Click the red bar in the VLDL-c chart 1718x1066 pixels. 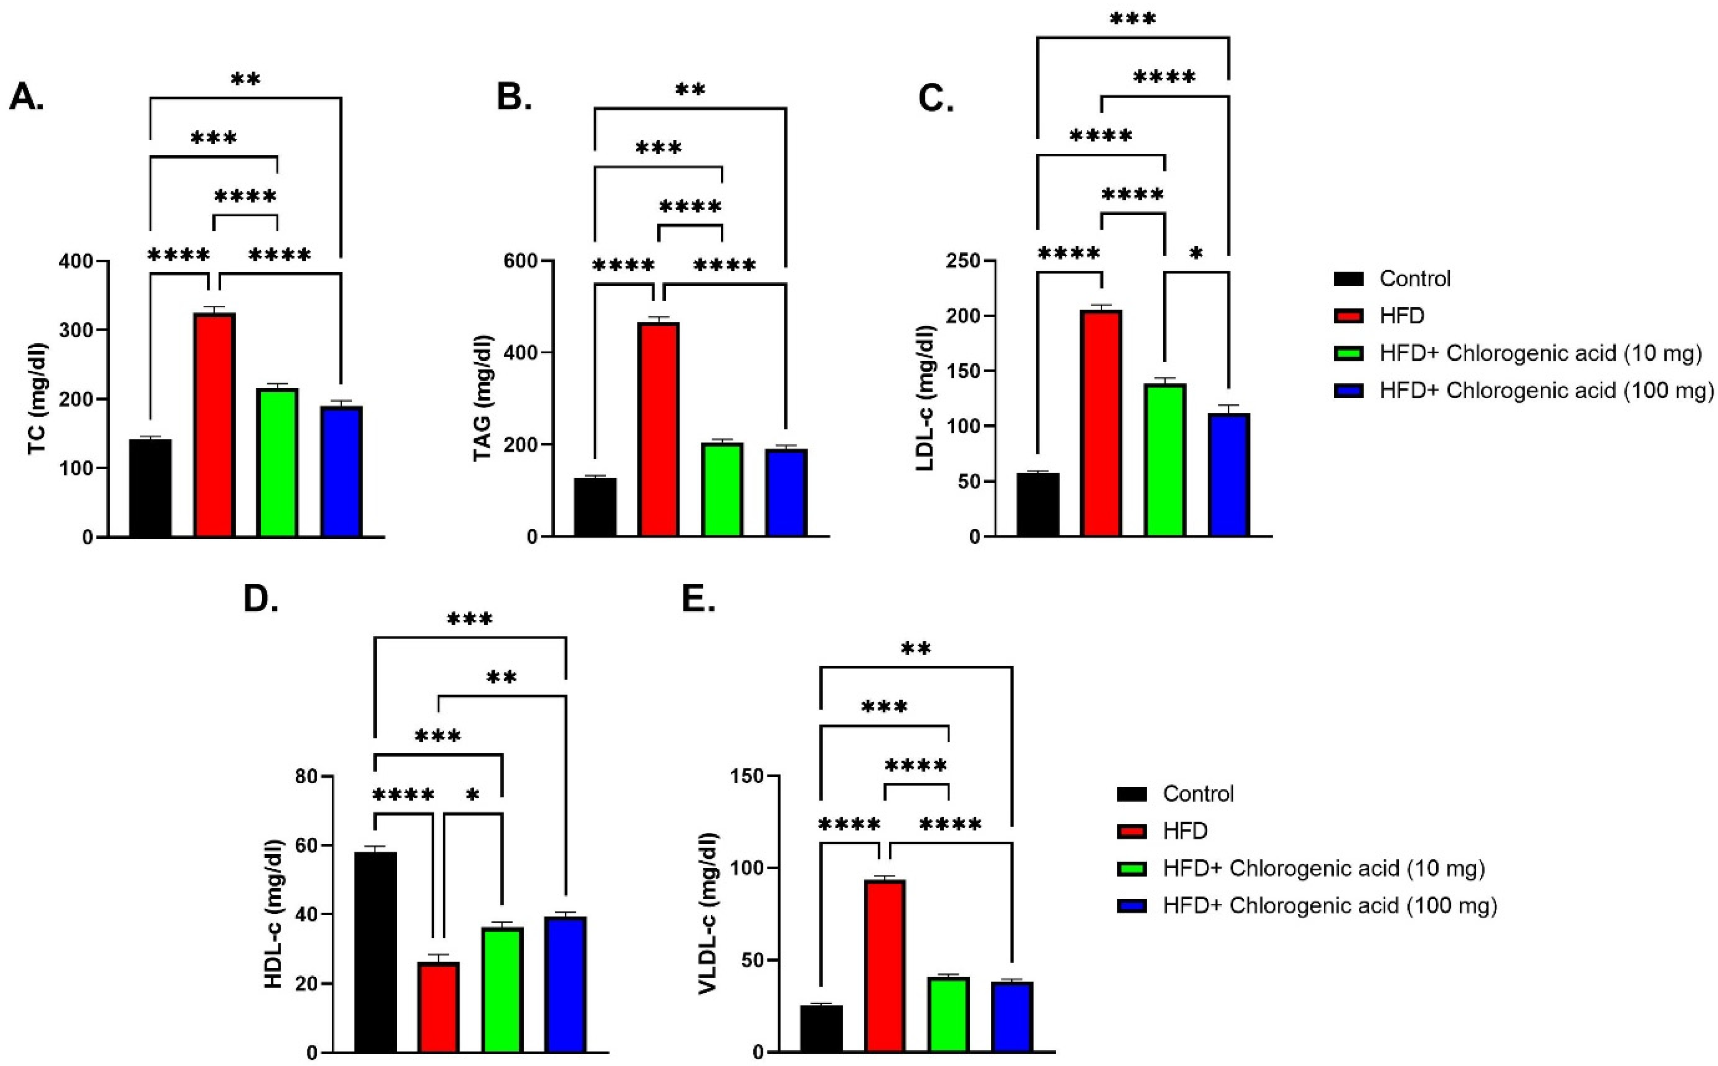coord(885,966)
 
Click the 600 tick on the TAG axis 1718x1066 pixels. coord(520,261)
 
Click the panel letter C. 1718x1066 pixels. coord(936,99)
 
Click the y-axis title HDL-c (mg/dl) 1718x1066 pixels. coord(273,914)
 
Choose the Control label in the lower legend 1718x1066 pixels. coord(1198,794)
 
